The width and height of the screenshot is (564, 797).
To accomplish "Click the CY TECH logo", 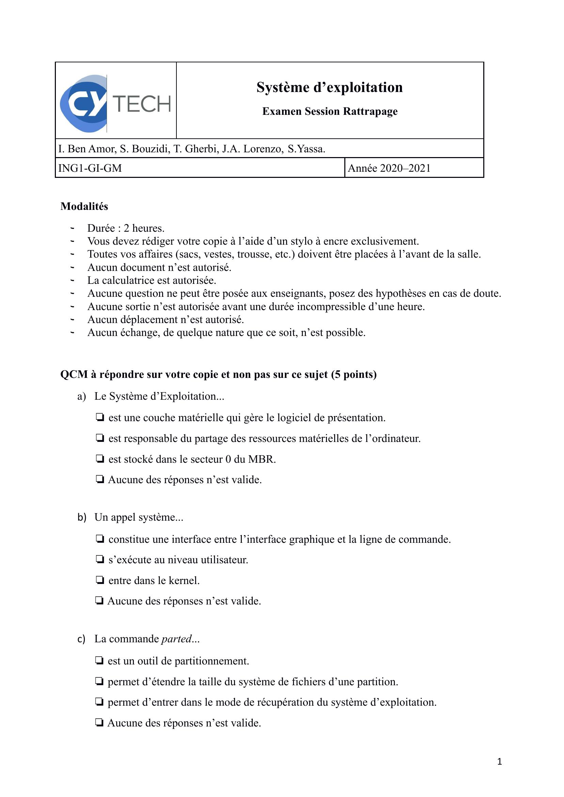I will click(116, 104).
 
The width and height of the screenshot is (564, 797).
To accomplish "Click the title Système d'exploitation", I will click(330, 87).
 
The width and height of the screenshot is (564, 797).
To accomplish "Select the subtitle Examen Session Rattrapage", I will click(330, 111).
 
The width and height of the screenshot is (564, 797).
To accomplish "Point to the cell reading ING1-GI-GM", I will click(90, 168).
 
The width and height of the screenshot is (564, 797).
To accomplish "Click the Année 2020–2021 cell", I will click(389, 168).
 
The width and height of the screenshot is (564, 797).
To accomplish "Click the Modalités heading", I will click(84, 206).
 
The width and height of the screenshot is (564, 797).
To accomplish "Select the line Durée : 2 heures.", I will click(126, 228).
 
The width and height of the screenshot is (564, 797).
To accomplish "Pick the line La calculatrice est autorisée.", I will click(152, 280).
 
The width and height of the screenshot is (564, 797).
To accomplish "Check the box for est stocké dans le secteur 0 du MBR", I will click(100, 459).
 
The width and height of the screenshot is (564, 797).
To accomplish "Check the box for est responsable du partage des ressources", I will click(100, 438).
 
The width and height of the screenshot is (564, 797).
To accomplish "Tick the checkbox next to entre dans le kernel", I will click(100, 580).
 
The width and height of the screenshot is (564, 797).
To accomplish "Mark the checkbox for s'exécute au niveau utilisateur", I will click(100, 560).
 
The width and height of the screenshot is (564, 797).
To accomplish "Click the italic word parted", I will click(177, 639).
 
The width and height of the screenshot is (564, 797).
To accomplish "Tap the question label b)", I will click(82, 517).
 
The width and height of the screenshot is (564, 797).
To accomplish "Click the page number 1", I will click(499, 762).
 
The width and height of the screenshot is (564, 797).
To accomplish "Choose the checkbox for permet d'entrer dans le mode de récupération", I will click(99, 702).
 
